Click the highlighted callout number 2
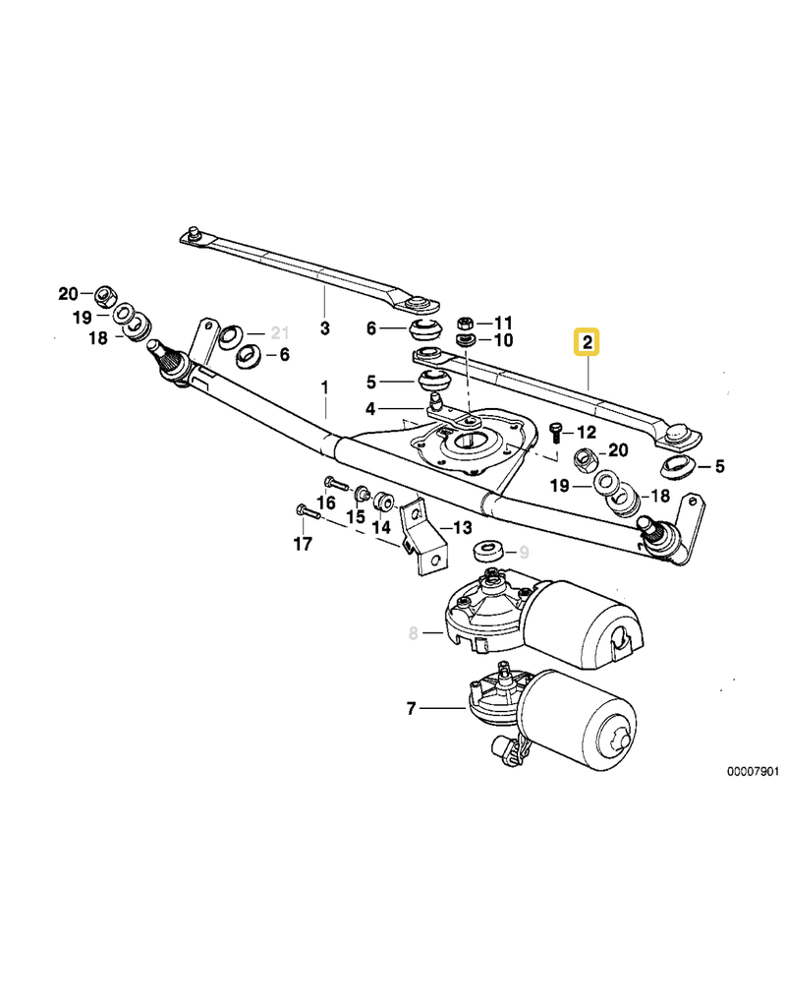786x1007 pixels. coord(587,343)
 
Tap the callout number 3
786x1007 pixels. coord(325,327)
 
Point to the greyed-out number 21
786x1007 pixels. coord(280,332)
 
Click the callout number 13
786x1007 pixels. coord(461,528)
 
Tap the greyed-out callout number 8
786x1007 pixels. coord(414,633)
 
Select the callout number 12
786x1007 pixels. coord(587,432)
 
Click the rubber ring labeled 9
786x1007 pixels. coord(487,550)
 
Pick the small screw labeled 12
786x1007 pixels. coord(557,432)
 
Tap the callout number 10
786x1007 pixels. coord(503,340)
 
